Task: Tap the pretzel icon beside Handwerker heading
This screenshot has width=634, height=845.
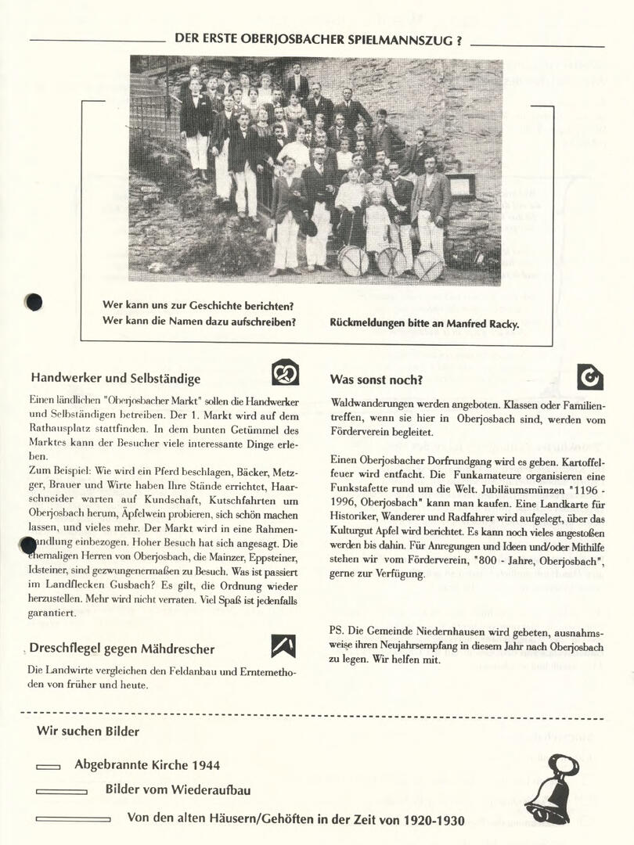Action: coord(285,372)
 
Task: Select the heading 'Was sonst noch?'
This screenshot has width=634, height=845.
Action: coord(376,380)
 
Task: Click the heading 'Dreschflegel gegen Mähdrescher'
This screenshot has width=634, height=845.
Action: coord(121,649)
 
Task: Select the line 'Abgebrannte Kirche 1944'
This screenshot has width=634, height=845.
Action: coord(147,764)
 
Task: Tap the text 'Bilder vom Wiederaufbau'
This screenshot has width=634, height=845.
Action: coord(178,789)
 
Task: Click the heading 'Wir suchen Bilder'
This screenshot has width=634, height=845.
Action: coord(88,732)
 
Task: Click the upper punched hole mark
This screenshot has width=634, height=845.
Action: coord(34,301)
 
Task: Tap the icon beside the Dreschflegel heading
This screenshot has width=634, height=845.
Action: coord(283,645)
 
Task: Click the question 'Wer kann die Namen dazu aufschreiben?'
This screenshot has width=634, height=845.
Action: coord(199,321)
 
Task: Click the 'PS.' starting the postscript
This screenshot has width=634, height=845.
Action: coord(337,631)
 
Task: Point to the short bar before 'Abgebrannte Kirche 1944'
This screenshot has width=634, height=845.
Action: coord(49,767)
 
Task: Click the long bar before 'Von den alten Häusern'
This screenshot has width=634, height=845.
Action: coord(73,819)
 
